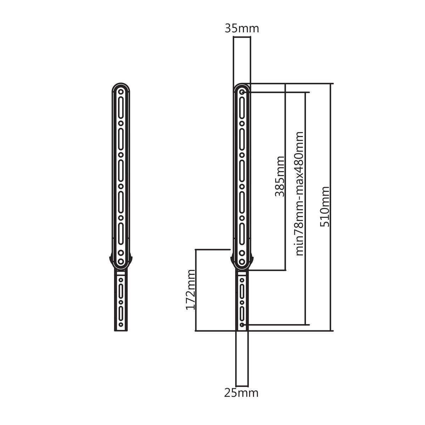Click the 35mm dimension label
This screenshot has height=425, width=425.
tap(242, 29)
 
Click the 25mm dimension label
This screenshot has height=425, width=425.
tap(241, 393)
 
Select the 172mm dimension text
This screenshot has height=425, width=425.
tap(191, 290)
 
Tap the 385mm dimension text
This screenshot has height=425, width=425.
tap(279, 176)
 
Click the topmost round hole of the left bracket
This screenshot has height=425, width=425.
tap(121, 91)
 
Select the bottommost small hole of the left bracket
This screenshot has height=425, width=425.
tap(121, 324)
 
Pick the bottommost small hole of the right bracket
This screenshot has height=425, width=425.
tap(242, 325)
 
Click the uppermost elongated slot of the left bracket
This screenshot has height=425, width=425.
tap(121, 108)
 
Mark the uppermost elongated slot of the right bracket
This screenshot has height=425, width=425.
tap(242, 108)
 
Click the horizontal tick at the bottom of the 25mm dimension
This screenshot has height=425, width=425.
tap(242, 386)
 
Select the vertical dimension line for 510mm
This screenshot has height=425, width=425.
tap(331, 207)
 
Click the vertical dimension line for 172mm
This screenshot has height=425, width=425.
tap(195, 290)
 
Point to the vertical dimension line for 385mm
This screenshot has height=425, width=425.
tap(285, 177)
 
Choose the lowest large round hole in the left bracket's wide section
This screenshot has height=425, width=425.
tap(121, 262)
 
